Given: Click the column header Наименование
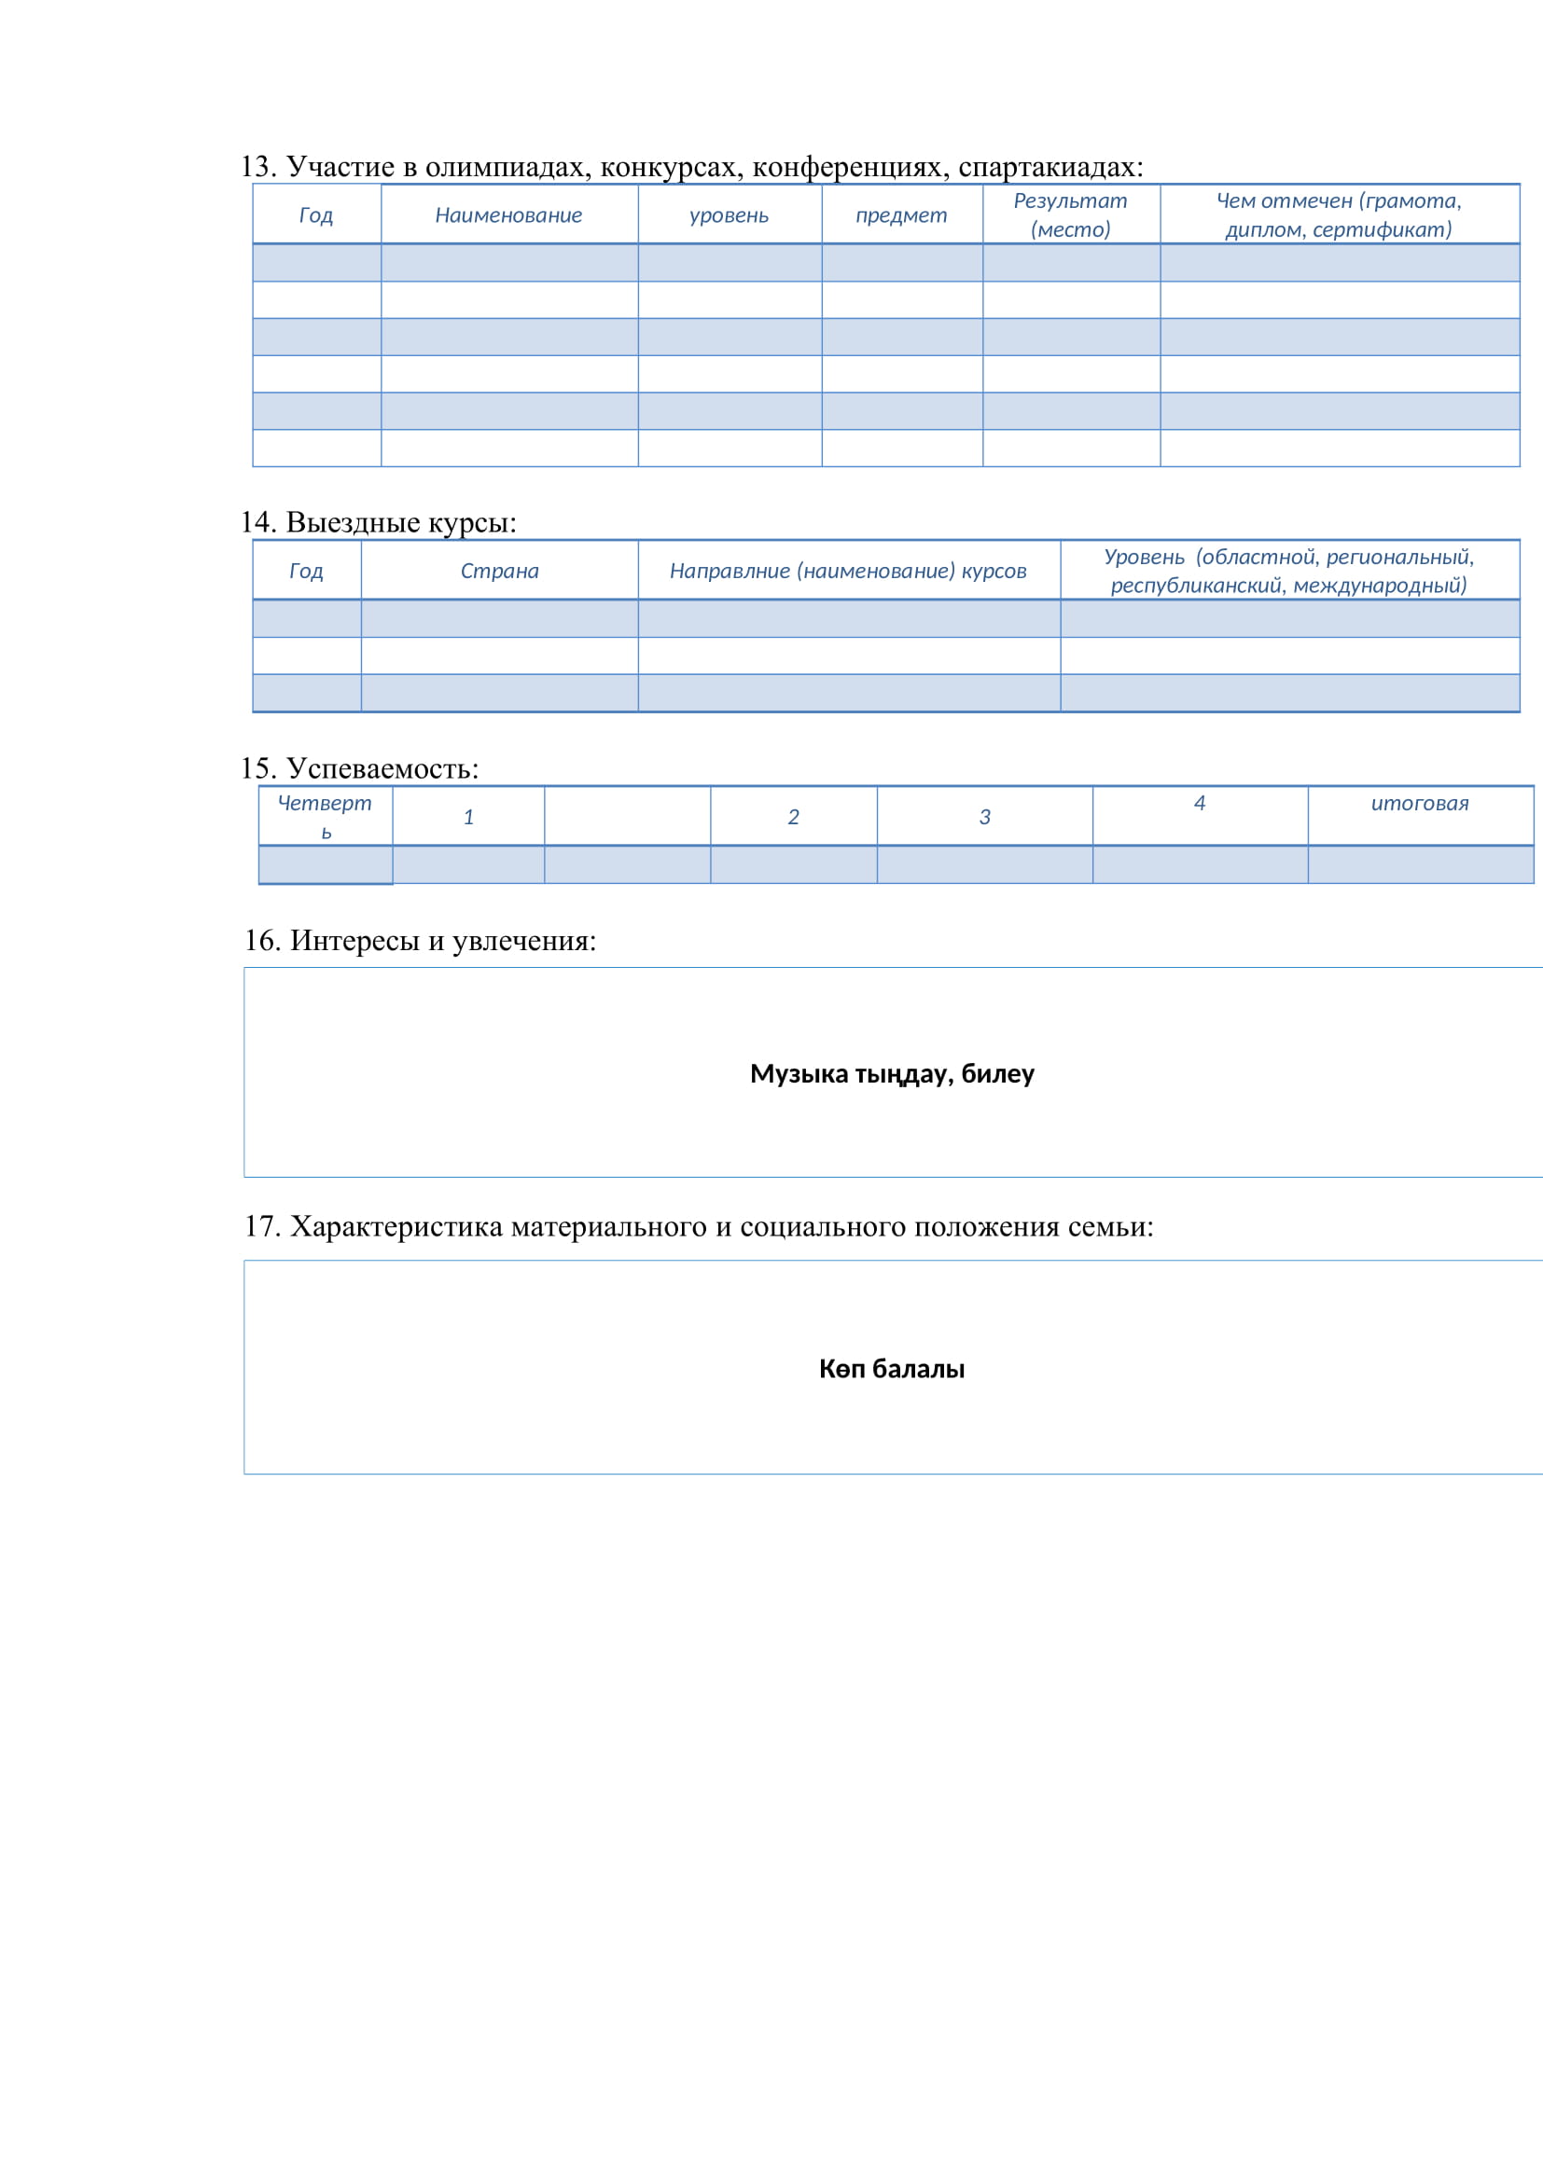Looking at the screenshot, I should click(508, 215).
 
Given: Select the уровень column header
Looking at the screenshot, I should click(729, 215).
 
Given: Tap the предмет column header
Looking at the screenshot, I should click(901, 215).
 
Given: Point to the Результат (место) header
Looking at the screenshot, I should click(1070, 214).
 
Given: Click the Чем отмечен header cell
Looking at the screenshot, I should click(1339, 214).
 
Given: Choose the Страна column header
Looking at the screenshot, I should click(500, 571).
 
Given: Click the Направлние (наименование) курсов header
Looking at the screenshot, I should click(847, 571).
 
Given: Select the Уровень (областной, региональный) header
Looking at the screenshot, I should click(1288, 571).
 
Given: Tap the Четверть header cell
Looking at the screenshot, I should click(325, 816).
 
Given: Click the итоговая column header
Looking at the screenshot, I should click(1420, 804).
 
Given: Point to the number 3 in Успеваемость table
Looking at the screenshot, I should click(984, 817).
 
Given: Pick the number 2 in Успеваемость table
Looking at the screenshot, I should click(793, 817).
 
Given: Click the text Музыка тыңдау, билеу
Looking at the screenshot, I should click(891, 1073).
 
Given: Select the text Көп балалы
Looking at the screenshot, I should click(891, 1369).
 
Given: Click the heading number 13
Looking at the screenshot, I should click(257, 167).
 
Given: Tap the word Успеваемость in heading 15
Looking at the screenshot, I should click(382, 768).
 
